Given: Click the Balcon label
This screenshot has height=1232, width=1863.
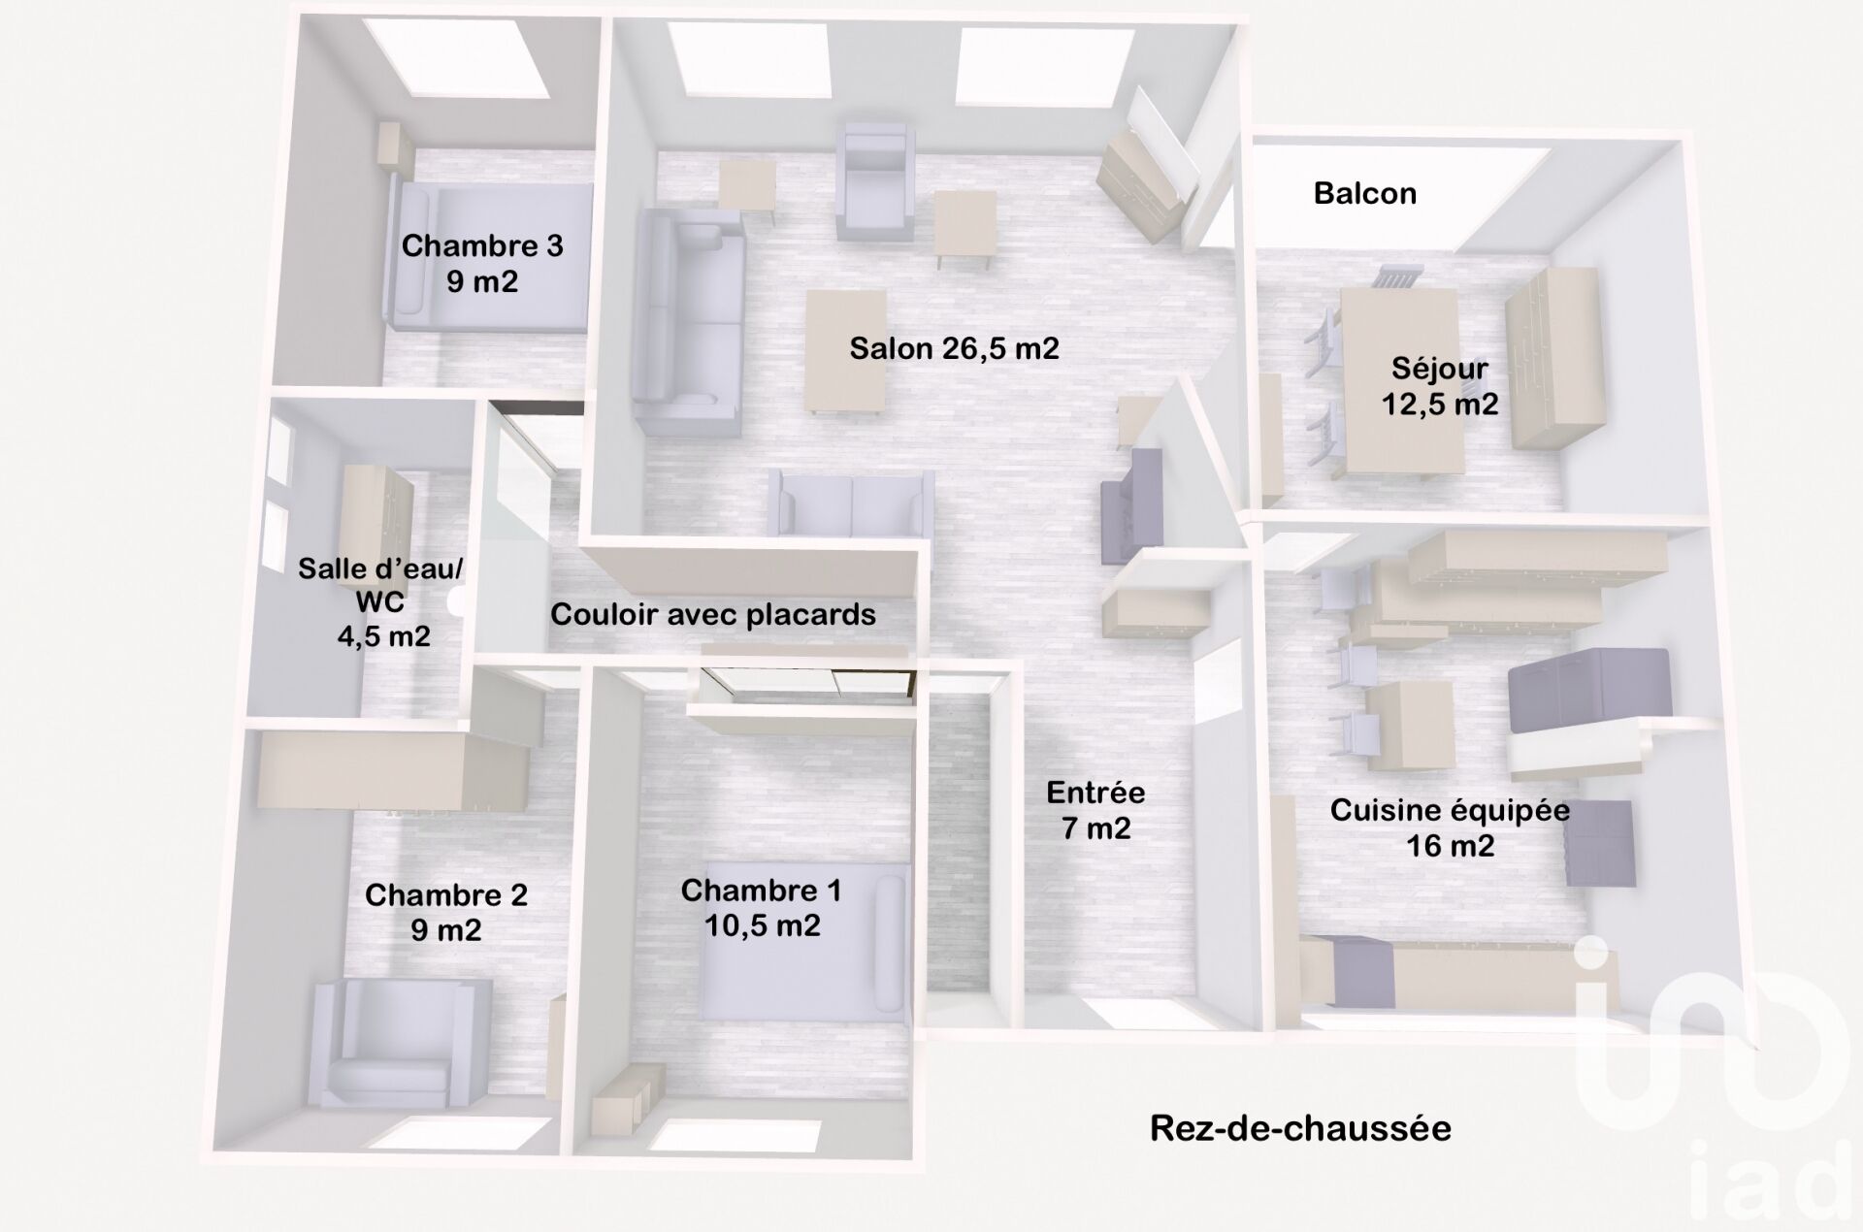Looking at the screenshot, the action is pos(1365,193).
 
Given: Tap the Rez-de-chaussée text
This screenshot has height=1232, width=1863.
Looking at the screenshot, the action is pos(1300,1128).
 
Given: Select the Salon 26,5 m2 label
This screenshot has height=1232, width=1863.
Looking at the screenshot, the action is pos(954,348).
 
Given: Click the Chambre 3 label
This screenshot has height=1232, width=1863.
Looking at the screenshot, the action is pos(482,263).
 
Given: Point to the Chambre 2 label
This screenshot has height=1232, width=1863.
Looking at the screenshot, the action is pos(446,912).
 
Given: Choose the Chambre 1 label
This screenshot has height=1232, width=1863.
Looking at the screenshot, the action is pos(762,907).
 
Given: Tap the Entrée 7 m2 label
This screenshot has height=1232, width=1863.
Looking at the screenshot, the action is pos(1095,810).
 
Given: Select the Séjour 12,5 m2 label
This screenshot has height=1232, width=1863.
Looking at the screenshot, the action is pos(1440,385).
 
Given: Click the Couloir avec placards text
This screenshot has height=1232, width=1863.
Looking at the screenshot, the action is pos(713,614).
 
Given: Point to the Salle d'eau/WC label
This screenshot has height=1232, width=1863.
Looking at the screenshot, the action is pos(380,601).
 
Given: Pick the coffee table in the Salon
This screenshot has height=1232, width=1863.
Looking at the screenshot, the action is pos(846,351).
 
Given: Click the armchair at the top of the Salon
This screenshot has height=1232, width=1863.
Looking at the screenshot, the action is pos(876,181).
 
